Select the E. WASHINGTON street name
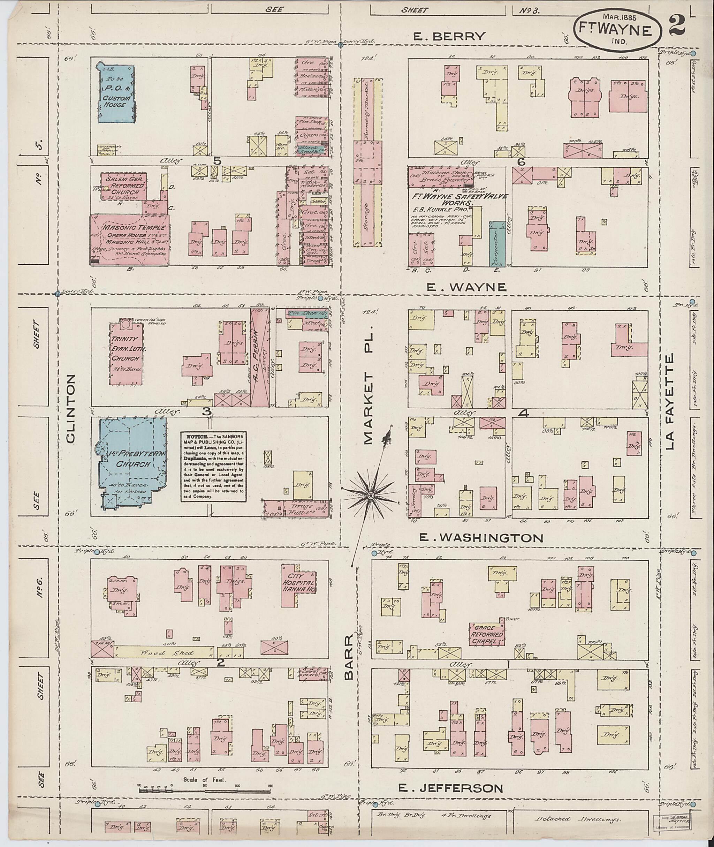[480, 538]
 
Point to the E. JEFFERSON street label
[450, 788]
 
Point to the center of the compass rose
[370, 495]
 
